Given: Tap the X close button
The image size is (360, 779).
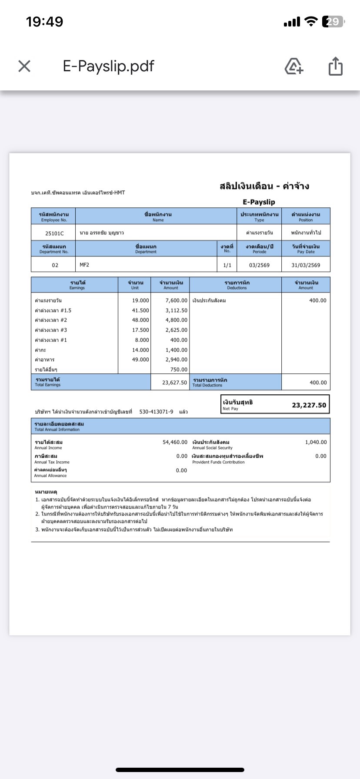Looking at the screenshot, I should pos(24,66).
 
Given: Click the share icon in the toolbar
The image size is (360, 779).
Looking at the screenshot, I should pos(335,67).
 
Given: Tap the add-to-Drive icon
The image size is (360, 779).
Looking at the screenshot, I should pos(294,67).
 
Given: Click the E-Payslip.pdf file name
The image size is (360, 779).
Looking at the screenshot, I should pos(108,66).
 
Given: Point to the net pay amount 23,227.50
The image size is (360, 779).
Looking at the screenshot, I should pos(309,405).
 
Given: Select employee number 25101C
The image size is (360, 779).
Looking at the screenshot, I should pos(54,233).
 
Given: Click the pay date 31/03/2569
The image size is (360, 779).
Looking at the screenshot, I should pos(306,265).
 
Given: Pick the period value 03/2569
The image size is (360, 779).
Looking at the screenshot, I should pos(259,265).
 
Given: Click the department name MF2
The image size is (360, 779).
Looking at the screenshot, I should pos(84,265).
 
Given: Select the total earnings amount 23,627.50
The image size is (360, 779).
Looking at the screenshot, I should pos(174,383).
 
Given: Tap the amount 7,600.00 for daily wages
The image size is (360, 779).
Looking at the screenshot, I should pos(176,300).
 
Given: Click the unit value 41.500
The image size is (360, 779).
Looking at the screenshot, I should pos(140,310).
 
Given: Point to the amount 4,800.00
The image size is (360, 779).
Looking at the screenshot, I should pos(176,320).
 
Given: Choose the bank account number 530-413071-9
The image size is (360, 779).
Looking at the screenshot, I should pos(156,412).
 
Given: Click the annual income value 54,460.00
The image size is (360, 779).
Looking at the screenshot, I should pos(175,442).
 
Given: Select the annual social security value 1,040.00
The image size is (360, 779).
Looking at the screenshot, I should pos(316,442).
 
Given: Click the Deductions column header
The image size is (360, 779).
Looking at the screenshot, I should pos(237,285).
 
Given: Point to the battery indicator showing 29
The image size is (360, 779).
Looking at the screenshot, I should pos(333,22).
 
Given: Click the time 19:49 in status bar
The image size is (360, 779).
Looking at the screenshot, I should pos(44,22).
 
